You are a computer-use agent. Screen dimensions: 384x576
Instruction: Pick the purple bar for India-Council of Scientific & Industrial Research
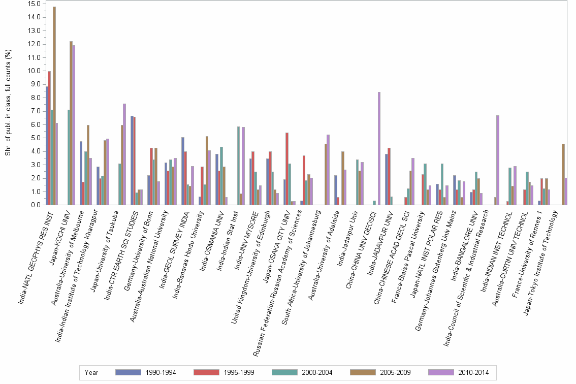[x=498, y=160]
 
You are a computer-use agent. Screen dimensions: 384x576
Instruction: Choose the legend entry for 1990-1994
[x=145, y=372]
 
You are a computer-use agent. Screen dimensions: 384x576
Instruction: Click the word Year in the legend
[x=92, y=372]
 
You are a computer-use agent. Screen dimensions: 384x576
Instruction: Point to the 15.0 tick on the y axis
[x=34, y=4]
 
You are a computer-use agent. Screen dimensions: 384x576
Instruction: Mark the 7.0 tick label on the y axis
[x=34, y=111]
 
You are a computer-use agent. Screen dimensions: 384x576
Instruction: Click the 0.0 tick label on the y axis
[x=34, y=205]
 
